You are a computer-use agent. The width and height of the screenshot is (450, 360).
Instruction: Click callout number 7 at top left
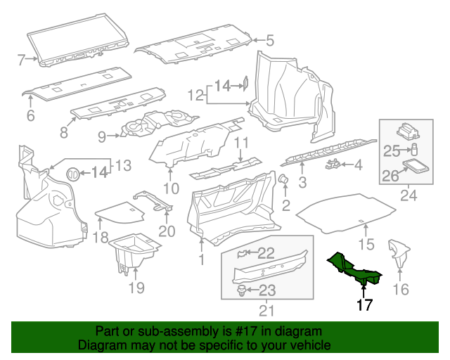tap(21, 59)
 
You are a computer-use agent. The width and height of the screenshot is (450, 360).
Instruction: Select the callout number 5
tap(269, 40)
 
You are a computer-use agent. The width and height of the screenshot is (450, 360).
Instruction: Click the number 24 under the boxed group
tap(405, 196)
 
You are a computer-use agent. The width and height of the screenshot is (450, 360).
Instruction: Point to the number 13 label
tap(123, 165)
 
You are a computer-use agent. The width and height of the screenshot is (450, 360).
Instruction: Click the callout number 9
tap(102, 136)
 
